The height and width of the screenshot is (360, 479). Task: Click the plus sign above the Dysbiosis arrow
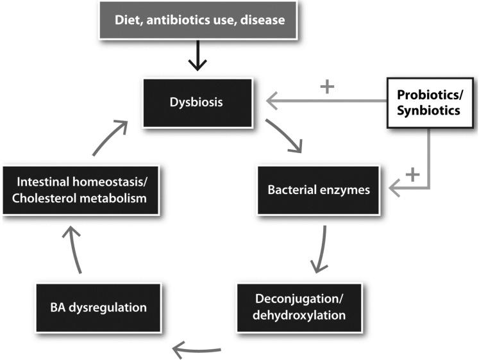point(327,86)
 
